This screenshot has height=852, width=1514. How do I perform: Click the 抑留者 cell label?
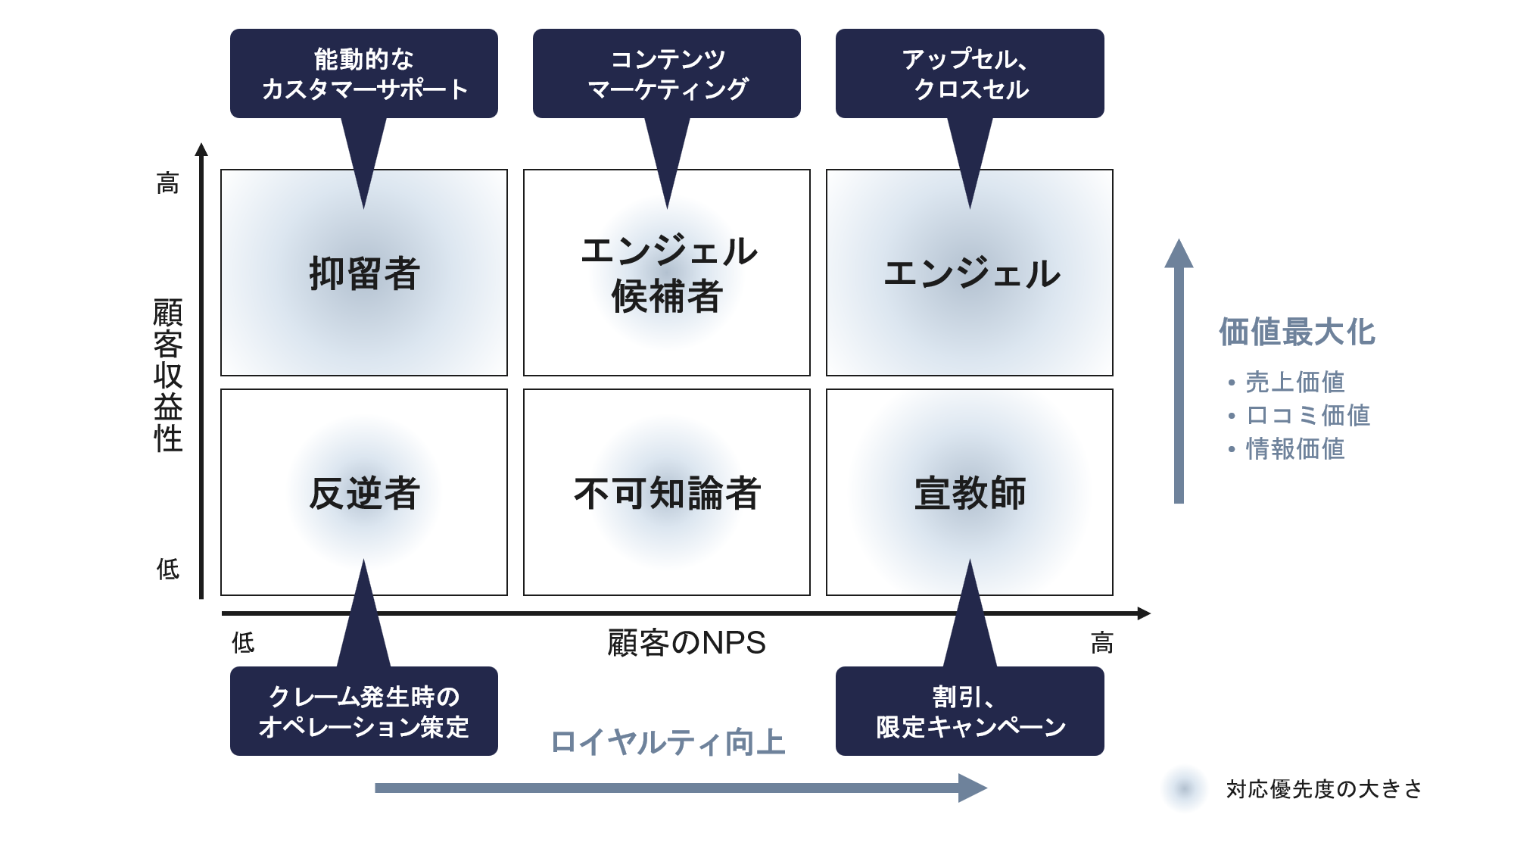(x=364, y=273)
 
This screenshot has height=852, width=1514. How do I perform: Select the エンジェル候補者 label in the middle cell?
(x=667, y=273)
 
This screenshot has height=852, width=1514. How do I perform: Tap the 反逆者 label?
(x=364, y=493)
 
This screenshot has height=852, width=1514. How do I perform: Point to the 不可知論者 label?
(x=667, y=493)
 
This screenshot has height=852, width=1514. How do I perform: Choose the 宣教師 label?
(x=970, y=493)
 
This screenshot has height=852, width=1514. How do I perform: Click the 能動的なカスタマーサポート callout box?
(x=364, y=73)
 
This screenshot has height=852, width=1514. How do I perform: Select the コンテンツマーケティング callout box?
(x=667, y=73)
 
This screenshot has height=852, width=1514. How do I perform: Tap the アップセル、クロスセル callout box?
(x=970, y=73)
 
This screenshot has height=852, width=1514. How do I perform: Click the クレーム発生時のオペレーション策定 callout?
(x=364, y=711)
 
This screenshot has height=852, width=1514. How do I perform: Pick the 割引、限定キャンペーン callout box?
(x=970, y=711)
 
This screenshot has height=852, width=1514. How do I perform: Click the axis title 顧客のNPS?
(x=686, y=643)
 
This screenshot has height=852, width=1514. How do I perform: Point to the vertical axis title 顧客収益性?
(x=168, y=375)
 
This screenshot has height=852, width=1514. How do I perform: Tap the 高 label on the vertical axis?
(x=168, y=183)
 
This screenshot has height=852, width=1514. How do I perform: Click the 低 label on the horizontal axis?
(x=243, y=643)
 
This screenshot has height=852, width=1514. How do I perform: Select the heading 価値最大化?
(x=1297, y=332)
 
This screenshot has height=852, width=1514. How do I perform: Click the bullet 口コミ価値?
(x=1307, y=415)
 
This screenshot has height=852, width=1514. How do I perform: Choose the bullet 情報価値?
(x=1295, y=448)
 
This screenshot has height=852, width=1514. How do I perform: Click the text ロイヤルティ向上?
(x=667, y=742)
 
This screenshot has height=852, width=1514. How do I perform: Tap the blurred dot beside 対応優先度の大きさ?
(x=1184, y=788)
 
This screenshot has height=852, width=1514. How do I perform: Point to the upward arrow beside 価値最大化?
(x=1179, y=371)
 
